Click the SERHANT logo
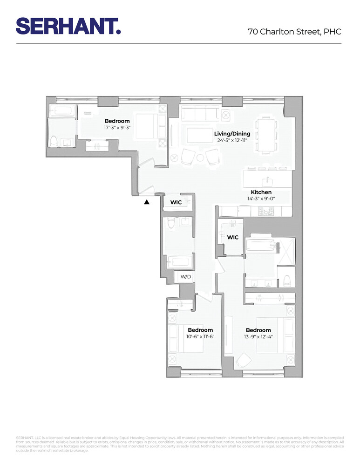click(x=68, y=26)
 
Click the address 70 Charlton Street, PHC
click(x=294, y=32)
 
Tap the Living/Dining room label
click(x=232, y=134)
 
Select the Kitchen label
click(x=261, y=192)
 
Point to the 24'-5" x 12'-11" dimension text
click(x=232, y=140)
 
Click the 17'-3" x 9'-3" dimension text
click(x=117, y=127)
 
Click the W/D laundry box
click(x=186, y=277)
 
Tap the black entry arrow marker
click(x=147, y=202)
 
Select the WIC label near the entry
click(x=176, y=202)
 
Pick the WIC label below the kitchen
click(x=233, y=237)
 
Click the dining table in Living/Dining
click(x=266, y=135)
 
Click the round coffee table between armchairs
click(x=200, y=158)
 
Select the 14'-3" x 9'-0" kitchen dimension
click(x=261, y=198)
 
